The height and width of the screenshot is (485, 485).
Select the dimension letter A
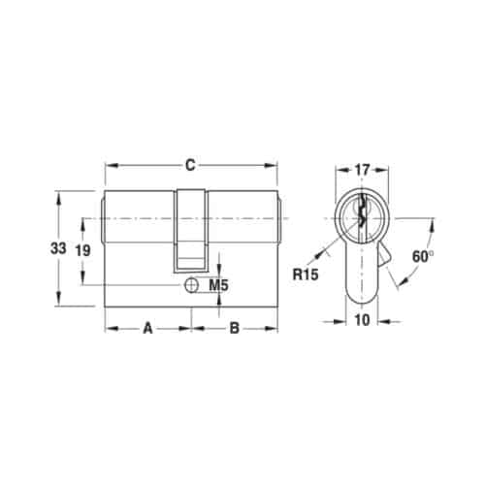click(x=148, y=328)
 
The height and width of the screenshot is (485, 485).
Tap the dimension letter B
click(x=234, y=328)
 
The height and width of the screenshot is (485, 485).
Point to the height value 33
click(x=58, y=248)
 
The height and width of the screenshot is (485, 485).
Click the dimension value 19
click(x=84, y=250)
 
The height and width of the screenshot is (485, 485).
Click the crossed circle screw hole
click(x=191, y=285)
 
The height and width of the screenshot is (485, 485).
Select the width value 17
click(x=360, y=170)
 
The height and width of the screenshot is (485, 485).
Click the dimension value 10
click(x=360, y=321)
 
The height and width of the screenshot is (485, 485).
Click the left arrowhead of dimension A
click(x=110, y=328)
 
